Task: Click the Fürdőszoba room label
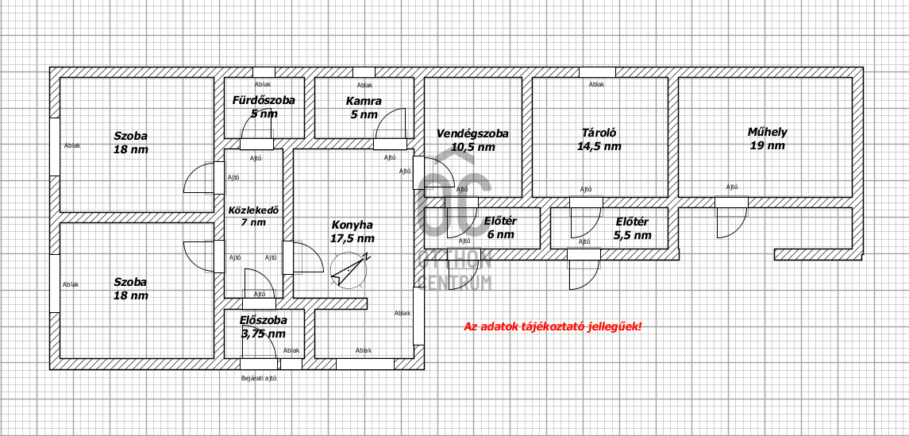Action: coord(264,100)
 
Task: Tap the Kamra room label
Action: coord(364,101)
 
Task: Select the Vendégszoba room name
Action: coord(472,133)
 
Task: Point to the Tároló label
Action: coord(599,132)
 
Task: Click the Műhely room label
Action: coord(767,132)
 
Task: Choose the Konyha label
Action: coord(352,225)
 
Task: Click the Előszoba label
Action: coord(264,319)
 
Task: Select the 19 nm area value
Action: coord(768,145)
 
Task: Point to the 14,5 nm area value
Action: coord(599,147)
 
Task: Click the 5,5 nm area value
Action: coord(632,236)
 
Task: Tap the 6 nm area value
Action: coord(501,235)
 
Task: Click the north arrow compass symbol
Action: coord(349,270)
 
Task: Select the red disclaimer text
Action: coord(553,326)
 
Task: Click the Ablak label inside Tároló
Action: coord(596,84)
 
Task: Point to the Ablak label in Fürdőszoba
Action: coord(263,84)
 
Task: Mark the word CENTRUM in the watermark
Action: coord(455,283)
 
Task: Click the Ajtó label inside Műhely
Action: coord(732,187)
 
